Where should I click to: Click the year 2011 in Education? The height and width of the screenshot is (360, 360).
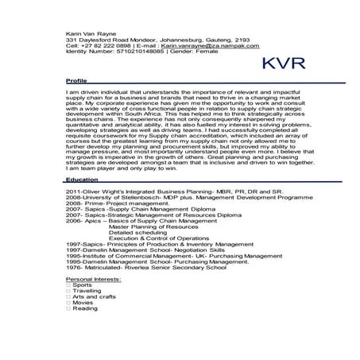tap(72, 192)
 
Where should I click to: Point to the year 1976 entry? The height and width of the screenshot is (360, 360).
tap(72, 269)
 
